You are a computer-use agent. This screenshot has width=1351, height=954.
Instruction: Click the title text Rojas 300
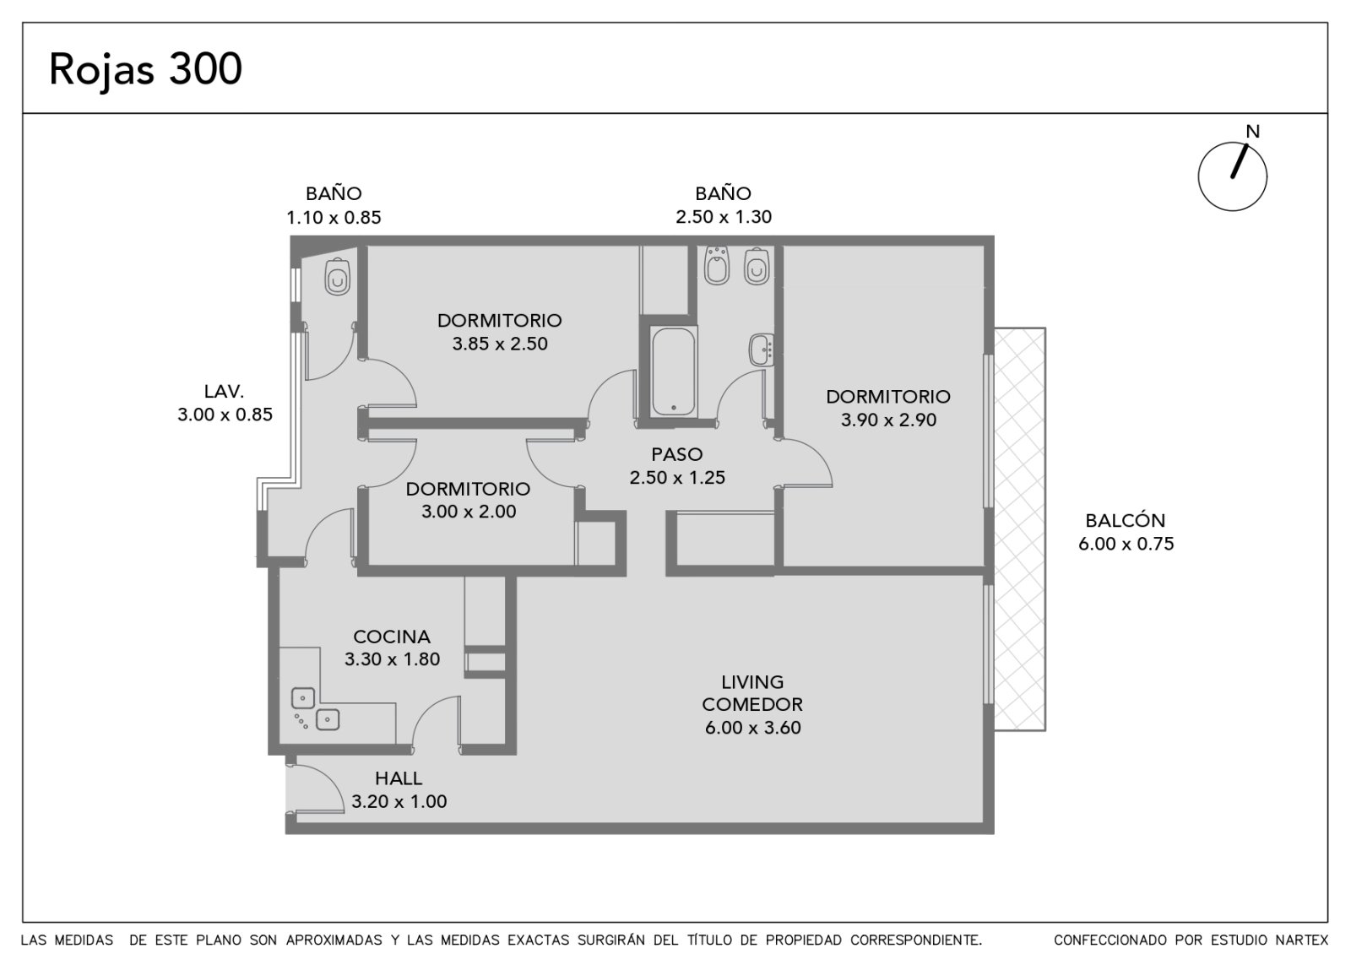tap(145, 69)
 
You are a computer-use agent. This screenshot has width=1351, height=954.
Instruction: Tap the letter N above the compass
tap(1253, 132)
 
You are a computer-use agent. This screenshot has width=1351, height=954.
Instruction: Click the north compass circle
tap(1232, 176)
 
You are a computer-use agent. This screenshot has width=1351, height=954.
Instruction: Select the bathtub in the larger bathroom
tap(673, 371)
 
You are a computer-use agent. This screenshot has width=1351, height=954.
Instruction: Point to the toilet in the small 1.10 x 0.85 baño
tap(337, 278)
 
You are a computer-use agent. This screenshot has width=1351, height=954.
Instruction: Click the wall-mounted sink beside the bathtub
tap(762, 350)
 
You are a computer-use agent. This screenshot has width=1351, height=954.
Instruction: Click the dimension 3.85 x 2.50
tap(500, 344)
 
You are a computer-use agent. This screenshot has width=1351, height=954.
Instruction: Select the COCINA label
tap(392, 637)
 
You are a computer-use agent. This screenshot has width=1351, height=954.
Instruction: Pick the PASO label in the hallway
tap(677, 454)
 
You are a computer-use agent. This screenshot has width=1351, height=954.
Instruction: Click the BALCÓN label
tap(1126, 520)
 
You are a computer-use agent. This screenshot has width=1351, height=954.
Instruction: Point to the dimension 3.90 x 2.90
tap(888, 420)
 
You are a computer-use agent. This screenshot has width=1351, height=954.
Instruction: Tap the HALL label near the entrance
tap(399, 778)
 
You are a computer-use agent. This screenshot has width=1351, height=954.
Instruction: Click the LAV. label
tap(225, 392)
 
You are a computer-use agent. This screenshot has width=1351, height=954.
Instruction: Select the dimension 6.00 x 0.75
tap(1126, 544)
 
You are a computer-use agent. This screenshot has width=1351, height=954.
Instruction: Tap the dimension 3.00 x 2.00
tap(469, 512)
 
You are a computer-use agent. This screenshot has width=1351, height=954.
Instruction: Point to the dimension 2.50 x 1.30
tap(723, 216)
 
